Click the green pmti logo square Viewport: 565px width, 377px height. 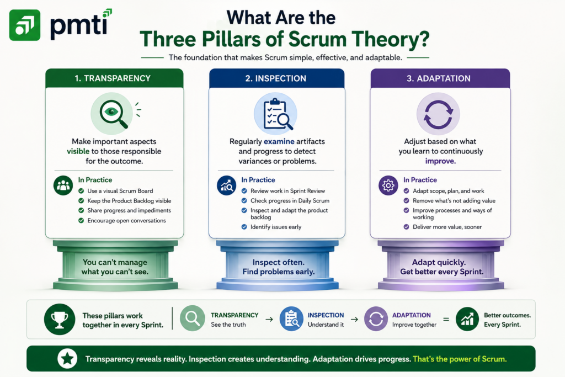click(x=25, y=25)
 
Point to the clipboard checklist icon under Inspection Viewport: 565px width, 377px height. click(x=276, y=114)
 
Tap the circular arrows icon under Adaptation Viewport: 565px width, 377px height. click(x=438, y=114)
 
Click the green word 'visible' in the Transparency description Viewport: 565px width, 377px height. click(x=78, y=151)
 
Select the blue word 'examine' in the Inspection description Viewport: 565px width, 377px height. click(x=279, y=141)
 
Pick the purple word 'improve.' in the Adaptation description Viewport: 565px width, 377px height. click(x=440, y=161)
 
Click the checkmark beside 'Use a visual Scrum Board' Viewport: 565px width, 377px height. click(x=81, y=191)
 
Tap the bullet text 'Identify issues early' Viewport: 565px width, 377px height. click(x=276, y=227)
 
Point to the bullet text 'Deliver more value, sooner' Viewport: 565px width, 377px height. click(x=447, y=227)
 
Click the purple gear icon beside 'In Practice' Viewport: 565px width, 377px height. click(x=388, y=185)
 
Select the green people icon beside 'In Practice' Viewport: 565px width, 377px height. click(x=63, y=185)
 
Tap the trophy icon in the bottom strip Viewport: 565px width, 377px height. click(x=60, y=320)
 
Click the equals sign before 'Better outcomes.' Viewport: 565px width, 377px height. click(x=446, y=320)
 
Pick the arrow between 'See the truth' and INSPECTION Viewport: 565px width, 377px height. click(x=269, y=320)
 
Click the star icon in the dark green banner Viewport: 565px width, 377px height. click(x=67, y=359)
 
